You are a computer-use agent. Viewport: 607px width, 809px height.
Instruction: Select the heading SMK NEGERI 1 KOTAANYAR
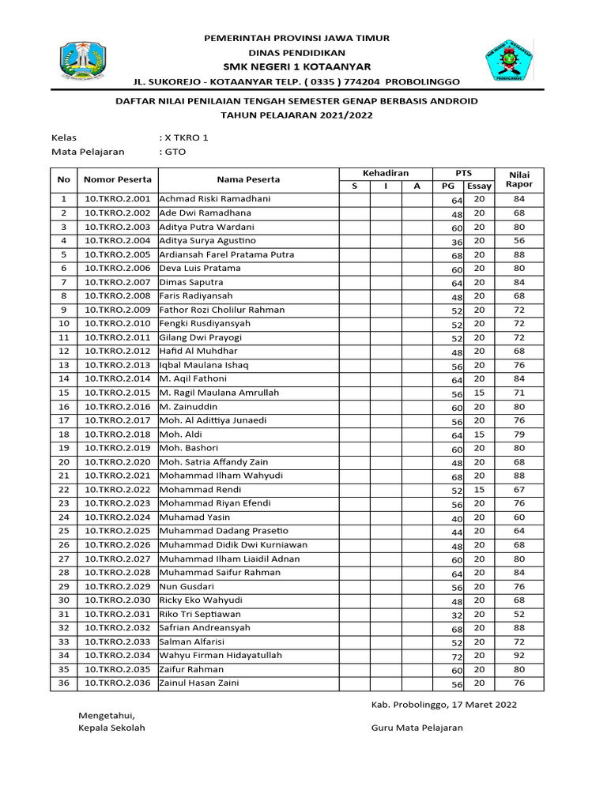297,66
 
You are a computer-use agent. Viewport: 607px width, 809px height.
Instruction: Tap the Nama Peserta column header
249,179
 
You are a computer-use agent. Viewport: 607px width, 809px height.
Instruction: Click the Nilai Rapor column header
518,179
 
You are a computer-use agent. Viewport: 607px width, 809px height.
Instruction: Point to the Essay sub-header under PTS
479,186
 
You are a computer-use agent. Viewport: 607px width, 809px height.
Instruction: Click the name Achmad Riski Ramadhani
214,199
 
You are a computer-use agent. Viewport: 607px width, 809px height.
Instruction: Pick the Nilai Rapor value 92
518,656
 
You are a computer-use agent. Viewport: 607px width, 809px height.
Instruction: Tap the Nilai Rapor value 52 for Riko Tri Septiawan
518,614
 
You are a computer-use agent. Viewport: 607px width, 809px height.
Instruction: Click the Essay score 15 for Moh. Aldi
479,435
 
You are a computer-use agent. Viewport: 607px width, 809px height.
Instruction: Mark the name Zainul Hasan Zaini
198,683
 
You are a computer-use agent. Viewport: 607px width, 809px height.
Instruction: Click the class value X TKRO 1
183,137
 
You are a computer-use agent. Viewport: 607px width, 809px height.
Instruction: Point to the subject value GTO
173,152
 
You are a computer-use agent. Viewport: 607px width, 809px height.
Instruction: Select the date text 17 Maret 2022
481,704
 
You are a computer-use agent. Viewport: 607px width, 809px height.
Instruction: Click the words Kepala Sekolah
111,728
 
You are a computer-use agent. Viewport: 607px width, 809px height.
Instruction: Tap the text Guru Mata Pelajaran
417,728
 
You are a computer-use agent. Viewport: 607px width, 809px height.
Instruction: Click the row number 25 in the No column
64,531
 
